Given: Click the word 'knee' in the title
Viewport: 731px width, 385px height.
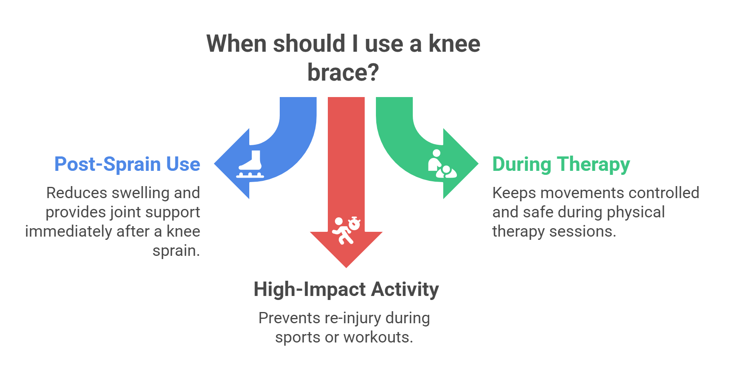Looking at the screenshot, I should click(x=454, y=44).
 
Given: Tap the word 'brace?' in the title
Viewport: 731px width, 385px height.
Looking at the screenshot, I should click(x=343, y=73).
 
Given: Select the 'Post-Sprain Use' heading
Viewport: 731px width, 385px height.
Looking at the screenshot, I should click(x=127, y=164).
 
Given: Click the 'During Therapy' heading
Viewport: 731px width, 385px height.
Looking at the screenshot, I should click(x=561, y=164).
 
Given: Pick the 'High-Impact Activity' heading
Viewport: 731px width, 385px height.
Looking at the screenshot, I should click(x=346, y=289).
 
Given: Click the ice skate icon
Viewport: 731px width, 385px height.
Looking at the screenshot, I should click(x=250, y=164).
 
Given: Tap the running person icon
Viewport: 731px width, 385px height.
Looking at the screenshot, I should click(x=342, y=232).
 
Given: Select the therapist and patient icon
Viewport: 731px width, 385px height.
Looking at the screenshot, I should click(x=441, y=164).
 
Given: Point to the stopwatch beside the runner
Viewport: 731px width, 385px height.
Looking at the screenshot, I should click(x=354, y=223).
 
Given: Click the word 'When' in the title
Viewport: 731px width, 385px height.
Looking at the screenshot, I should click(x=236, y=44).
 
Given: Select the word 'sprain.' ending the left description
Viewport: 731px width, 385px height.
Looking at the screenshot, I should click(x=176, y=251).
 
